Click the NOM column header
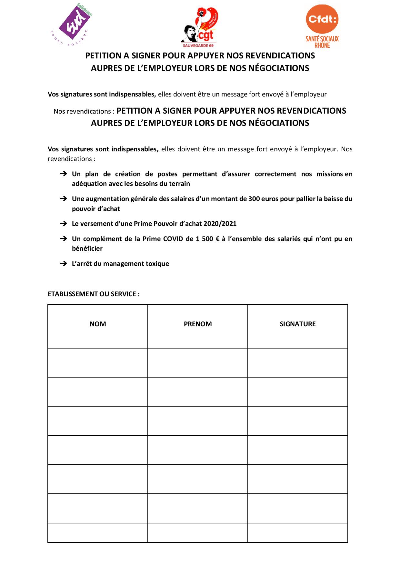pos(98,324)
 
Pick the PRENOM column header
pos(198,324)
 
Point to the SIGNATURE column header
pos(298,324)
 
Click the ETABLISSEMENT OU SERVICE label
pos(94,294)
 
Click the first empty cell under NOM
pos(98,363)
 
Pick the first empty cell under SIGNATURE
pos(298,363)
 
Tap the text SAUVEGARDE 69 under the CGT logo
pos(198,45)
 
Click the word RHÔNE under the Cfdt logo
pos(322,45)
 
